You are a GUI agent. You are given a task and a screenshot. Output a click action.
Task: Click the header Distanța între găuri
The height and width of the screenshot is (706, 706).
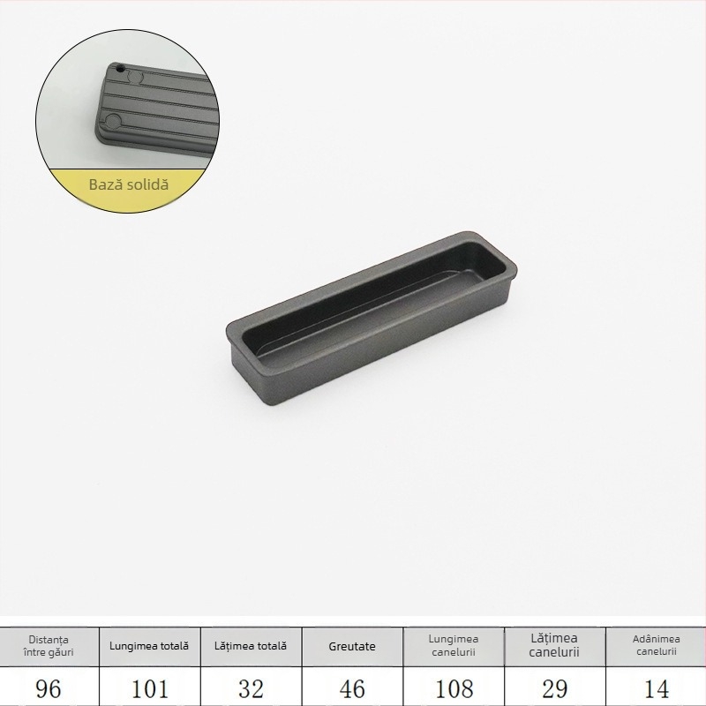click(49, 646)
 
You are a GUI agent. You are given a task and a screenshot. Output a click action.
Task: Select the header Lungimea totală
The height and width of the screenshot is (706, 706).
click(149, 646)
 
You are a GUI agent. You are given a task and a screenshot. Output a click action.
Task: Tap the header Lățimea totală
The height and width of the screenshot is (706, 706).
click(251, 646)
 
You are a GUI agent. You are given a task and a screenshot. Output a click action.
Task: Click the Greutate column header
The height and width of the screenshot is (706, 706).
click(352, 646)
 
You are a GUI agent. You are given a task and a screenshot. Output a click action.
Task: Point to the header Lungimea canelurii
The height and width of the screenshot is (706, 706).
click(454, 646)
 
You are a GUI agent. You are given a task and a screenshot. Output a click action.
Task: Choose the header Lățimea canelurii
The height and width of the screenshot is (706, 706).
click(554, 645)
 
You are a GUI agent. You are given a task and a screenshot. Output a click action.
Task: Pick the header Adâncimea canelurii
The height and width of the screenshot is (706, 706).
click(655, 646)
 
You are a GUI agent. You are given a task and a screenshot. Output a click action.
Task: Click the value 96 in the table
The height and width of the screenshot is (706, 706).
click(49, 688)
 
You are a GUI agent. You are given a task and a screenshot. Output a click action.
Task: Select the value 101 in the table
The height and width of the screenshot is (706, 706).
click(149, 688)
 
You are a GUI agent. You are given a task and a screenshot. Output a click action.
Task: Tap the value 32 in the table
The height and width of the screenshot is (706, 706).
click(251, 688)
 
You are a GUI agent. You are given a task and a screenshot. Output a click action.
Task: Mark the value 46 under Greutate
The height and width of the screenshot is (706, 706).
click(352, 688)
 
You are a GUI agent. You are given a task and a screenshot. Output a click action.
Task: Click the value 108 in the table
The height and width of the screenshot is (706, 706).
click(454, 688)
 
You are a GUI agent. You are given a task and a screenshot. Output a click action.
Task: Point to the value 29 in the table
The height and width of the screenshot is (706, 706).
click(554, 688)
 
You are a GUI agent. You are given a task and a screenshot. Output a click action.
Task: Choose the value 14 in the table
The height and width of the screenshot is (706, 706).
click(655, 688)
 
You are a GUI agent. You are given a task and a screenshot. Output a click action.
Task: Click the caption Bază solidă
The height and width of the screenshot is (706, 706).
click(128, 185)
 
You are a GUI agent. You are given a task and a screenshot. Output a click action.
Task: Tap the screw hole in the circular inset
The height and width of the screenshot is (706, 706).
click(119, 67)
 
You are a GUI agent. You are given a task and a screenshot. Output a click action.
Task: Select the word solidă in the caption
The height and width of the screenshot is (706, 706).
click(146, 185)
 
